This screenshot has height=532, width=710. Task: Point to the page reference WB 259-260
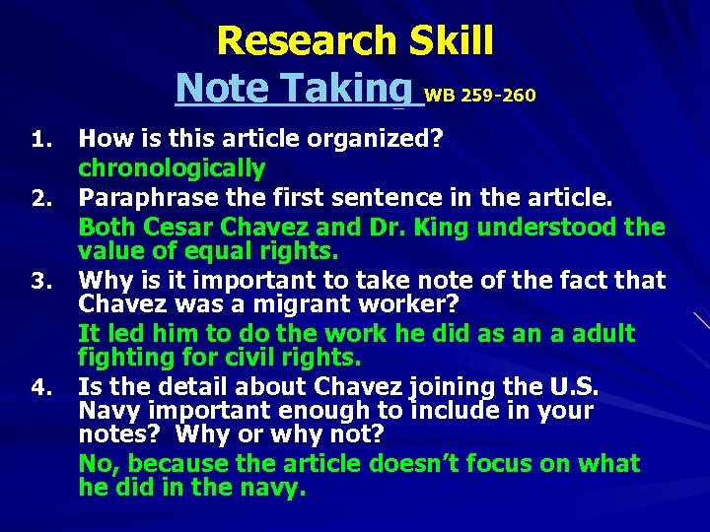tap(480, 96)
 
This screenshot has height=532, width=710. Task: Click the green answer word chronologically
tap(172, 168)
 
